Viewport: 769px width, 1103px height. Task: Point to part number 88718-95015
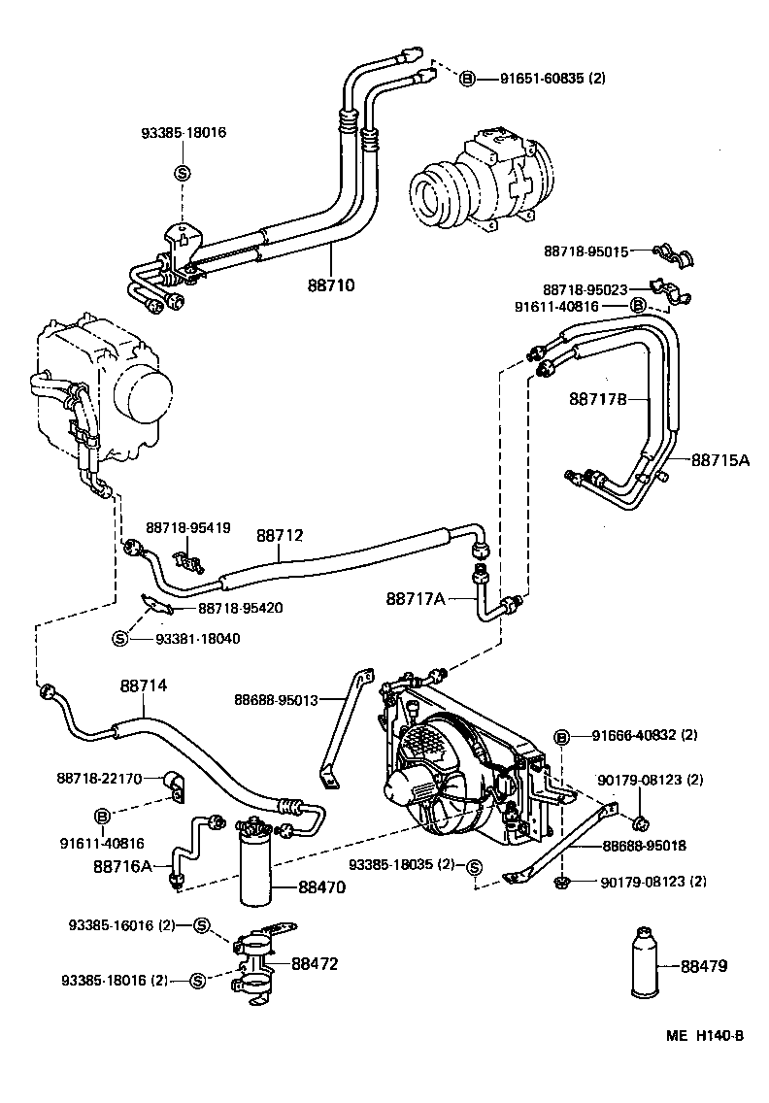[x=585, y=251]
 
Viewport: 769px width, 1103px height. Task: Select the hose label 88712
[x=280, y=535]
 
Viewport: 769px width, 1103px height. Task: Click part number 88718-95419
[x=188, y=528]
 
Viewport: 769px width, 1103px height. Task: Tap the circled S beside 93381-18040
[x=120, y=638]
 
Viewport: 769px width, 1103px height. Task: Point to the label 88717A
[x=415, y=599]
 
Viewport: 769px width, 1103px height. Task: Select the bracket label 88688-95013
[x=276, y=699]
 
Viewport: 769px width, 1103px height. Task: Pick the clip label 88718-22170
[x=99, y=778]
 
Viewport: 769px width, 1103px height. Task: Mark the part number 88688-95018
[x=643, y=846]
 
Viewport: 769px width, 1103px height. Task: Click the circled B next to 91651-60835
[x=466, y=78]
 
